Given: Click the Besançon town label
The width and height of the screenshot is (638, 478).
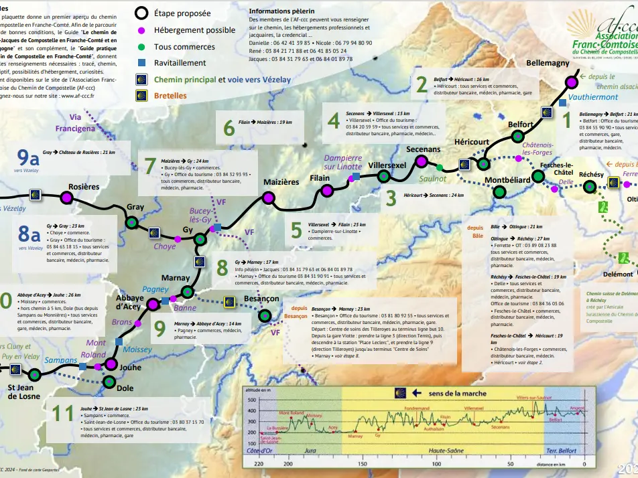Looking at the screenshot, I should point(262,298).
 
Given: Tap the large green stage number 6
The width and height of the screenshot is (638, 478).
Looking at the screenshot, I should point(229,127).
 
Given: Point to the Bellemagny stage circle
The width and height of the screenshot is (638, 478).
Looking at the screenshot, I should point(572,82).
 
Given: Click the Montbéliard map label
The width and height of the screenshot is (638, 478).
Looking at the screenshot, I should point(507,180).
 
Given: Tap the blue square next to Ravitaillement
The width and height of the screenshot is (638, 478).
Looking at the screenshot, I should point(142,62).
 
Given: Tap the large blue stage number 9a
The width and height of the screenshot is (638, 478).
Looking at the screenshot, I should point(29,158).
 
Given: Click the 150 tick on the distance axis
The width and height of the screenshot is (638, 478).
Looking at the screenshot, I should point(362,464).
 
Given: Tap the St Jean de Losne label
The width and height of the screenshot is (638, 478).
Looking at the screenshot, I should point(25,391).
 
